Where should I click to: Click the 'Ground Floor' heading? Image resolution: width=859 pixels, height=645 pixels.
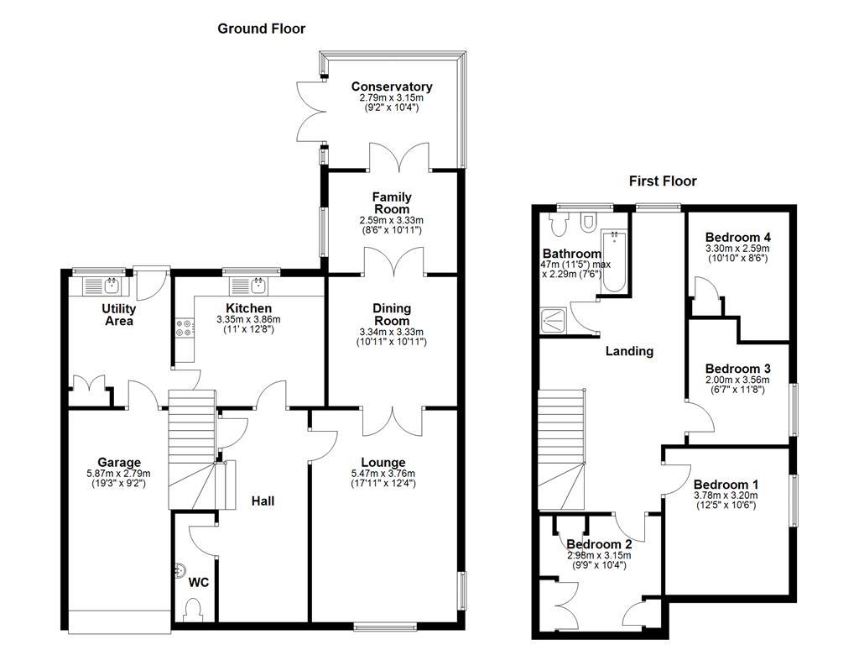tap(261, 29)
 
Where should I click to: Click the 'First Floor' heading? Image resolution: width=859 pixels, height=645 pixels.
tap(663, 181)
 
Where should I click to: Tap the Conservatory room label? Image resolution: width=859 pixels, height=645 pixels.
tap(391, 87)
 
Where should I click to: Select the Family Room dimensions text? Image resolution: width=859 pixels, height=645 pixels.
tap(392, 225)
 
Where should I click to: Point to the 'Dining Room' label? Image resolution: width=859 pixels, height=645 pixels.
tap(392, 314)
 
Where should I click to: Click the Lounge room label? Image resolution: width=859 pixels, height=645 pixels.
tap(383, 462)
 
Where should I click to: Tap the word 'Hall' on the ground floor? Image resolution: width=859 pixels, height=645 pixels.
tap(263, 501)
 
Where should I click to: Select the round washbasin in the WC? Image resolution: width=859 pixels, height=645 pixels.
tap(179, 572)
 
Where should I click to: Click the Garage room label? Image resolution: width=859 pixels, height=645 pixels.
tap(118, 462)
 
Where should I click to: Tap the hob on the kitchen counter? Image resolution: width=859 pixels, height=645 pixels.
tap(184, 328)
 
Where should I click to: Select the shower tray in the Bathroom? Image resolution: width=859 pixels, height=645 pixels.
tap(554, 317)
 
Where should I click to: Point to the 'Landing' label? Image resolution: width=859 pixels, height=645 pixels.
tap(629, 351)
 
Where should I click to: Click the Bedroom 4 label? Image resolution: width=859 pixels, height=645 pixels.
tap(737, 237)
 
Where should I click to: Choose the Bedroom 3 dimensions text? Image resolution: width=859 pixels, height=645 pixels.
tap(737, 385)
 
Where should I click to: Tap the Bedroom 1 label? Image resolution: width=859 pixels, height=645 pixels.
tap(726, 485)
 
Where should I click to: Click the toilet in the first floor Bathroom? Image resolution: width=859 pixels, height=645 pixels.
tap(587, 221)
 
